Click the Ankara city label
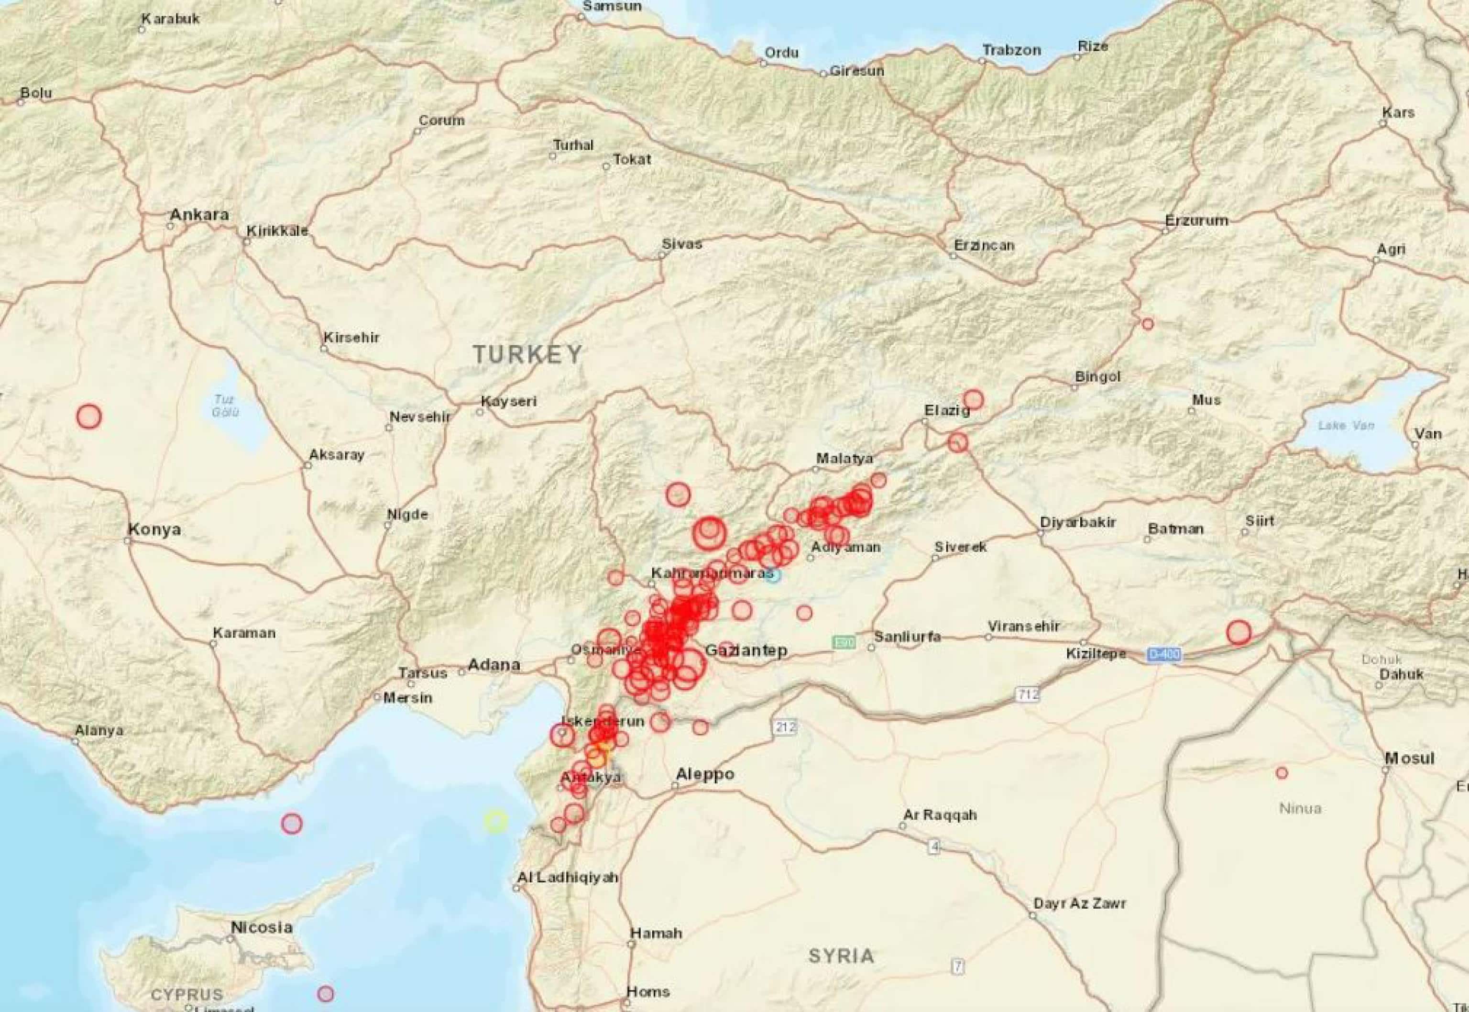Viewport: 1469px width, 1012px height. pos(198,215)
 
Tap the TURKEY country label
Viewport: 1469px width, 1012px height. pos(527,354)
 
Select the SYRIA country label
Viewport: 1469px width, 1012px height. pos(841,956)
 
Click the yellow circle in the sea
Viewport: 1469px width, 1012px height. pos(496,821)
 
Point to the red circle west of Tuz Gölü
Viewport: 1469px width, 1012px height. pos(89,417)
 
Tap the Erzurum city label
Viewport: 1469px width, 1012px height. pos(1196,220)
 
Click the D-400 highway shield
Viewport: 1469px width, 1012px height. pos(1163,654)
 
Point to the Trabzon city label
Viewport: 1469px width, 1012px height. pos(1011,50)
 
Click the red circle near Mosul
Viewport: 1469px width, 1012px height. pos(1282,773)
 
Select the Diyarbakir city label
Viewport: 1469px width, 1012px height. pos(1077,522)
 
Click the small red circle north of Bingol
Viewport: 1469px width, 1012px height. pos(1148,324)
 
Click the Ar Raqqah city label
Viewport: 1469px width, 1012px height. pos(940,815)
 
